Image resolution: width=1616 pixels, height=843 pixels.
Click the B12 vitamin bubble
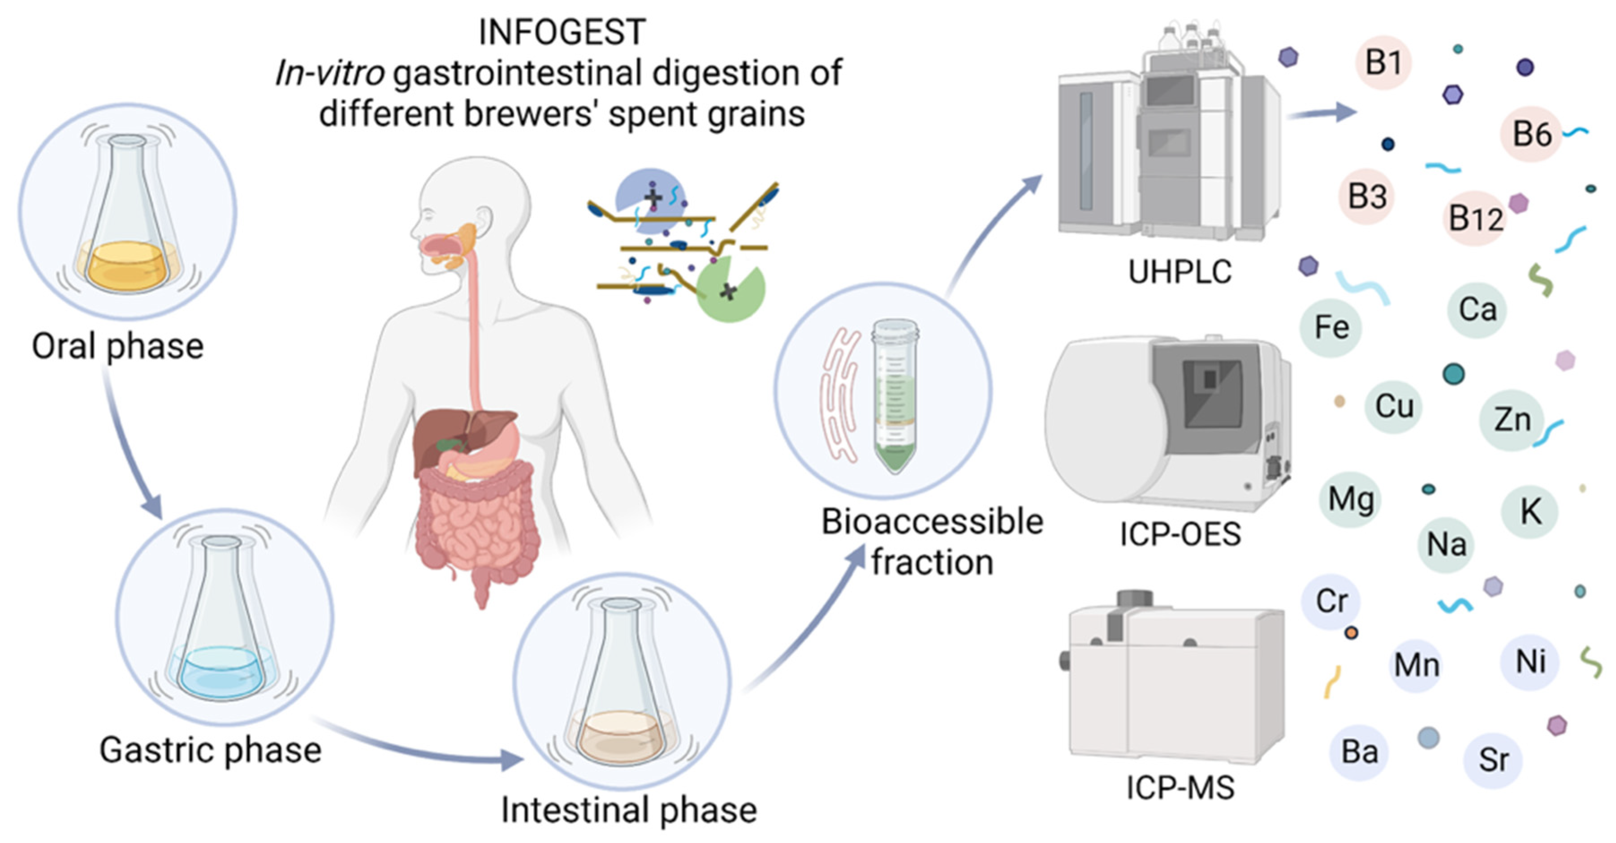1475,218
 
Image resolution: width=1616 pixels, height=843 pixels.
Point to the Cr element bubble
1331,601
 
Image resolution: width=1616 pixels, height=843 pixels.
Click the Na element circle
1446,544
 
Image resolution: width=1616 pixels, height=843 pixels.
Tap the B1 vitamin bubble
1383,63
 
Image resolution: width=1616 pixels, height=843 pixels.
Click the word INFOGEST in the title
562,32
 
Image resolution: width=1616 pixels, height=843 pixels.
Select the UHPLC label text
1180,272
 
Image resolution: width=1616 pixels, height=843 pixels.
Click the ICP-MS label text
1180,788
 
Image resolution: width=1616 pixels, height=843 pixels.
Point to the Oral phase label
118,347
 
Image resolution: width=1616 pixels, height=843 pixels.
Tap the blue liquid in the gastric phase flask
221,671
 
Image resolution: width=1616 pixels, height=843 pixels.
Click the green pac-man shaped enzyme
730,289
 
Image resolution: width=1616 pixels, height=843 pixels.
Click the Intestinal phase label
629,810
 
